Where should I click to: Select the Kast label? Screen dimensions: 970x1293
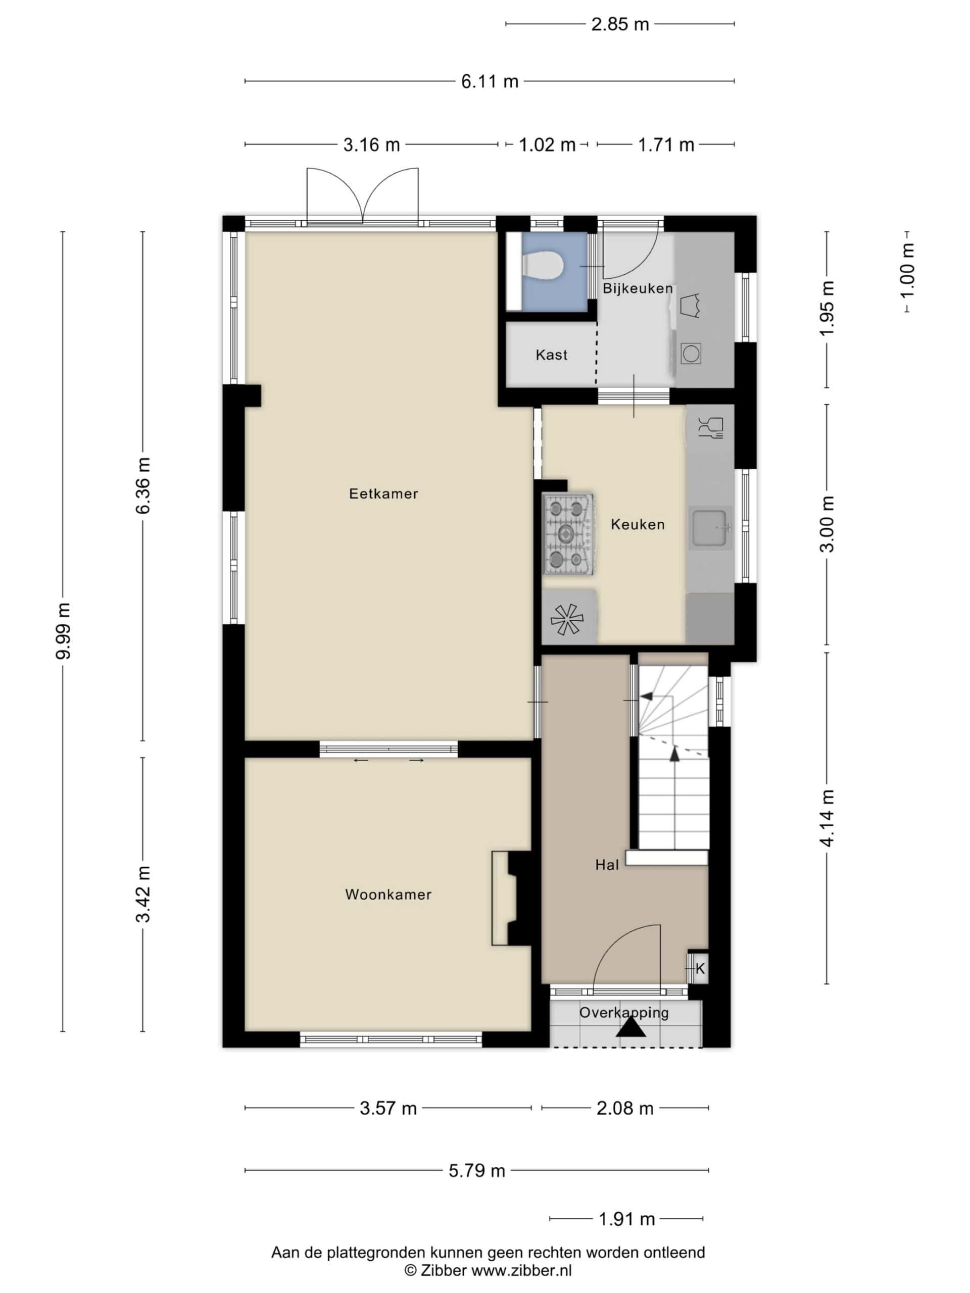551,355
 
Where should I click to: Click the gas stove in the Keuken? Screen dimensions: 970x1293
567,534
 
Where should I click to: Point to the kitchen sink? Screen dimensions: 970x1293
710,527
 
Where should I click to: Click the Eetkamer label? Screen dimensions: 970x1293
383,494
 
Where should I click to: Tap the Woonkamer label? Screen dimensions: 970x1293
388,894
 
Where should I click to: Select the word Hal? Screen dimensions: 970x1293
607,865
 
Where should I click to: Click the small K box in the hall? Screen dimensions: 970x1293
698,969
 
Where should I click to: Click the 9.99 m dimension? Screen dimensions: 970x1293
63,631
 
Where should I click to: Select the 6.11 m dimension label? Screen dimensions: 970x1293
490,81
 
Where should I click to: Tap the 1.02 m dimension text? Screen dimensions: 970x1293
547,144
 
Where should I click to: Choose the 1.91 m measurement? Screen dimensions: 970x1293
626,1219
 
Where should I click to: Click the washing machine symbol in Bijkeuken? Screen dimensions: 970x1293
691,354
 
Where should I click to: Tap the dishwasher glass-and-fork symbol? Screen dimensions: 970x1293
711,427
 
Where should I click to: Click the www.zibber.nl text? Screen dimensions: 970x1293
521,1270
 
